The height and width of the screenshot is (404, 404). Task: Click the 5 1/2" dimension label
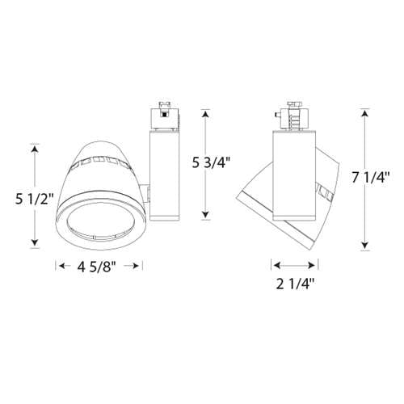(34, 197)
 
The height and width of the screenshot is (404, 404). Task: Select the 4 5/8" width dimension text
(99, 266)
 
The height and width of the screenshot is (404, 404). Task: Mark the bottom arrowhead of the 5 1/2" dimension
(35, 245)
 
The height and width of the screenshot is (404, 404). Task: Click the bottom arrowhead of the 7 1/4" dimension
(366, 246)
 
